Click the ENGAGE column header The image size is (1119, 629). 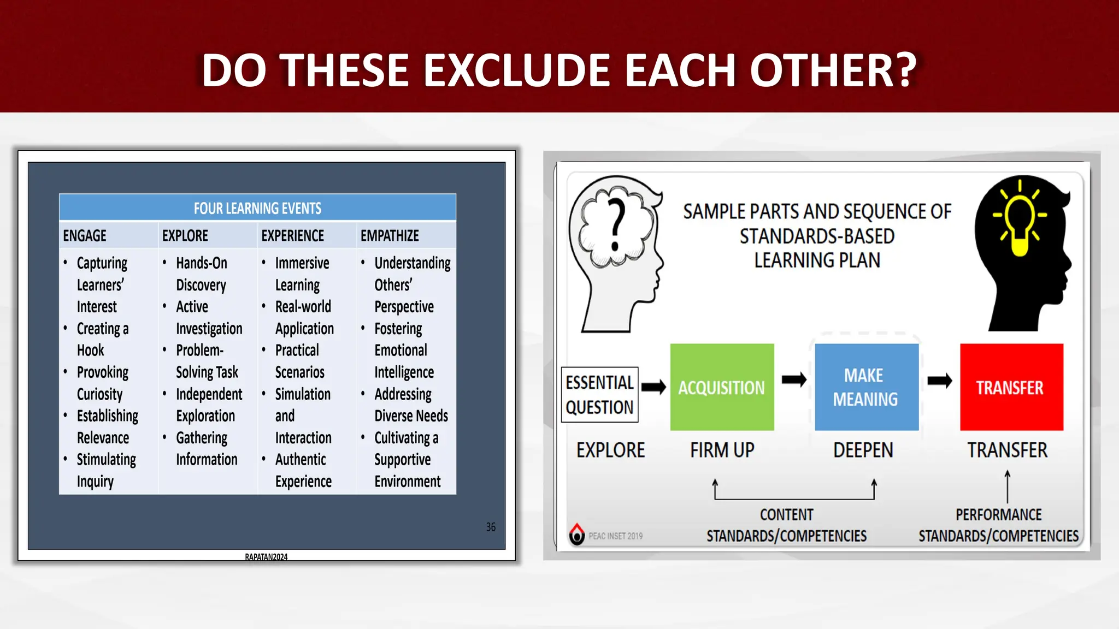(85, 236)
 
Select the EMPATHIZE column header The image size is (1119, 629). (390, 236)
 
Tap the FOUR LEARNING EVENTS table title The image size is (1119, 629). (257, 208)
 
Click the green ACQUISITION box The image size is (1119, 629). (722, 387)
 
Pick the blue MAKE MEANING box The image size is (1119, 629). (866, 387)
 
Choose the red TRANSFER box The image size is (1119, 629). (1011, 387)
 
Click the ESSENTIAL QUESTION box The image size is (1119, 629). (599, 395)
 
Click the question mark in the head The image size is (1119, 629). (617, 224)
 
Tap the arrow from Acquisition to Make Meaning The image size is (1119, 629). (794, 380)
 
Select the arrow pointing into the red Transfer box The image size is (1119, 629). (940, 381)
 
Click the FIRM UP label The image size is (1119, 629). (722, 450)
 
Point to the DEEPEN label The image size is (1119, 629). (863, 450)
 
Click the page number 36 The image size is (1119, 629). (491, 527)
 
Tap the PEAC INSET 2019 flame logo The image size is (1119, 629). (577, 534)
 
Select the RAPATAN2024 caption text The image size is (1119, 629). (266, 557)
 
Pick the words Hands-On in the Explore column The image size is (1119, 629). (202, 263)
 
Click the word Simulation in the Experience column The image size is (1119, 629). (303, 394)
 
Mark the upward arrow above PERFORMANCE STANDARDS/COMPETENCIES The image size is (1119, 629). (1008, 486)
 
